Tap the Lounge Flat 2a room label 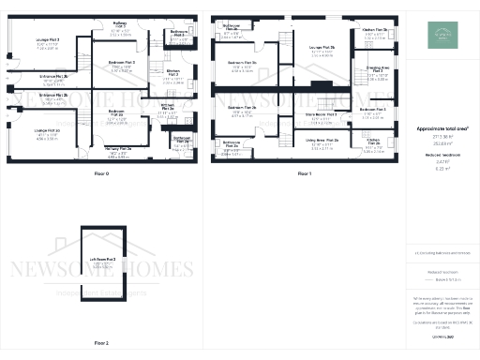tap(47, 130)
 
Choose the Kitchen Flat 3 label tap(173, 71)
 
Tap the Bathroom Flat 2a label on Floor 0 tap(182, 139)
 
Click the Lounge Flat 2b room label tap(322, 47)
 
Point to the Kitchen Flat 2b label tap(375, 30)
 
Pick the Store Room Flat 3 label tap(322, 116)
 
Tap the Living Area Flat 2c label tap(321, 141)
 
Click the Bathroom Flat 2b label tap(232, 26)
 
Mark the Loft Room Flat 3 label tap(102, 258)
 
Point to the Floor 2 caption tap(102, 343)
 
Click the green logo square tap(440, 35)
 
